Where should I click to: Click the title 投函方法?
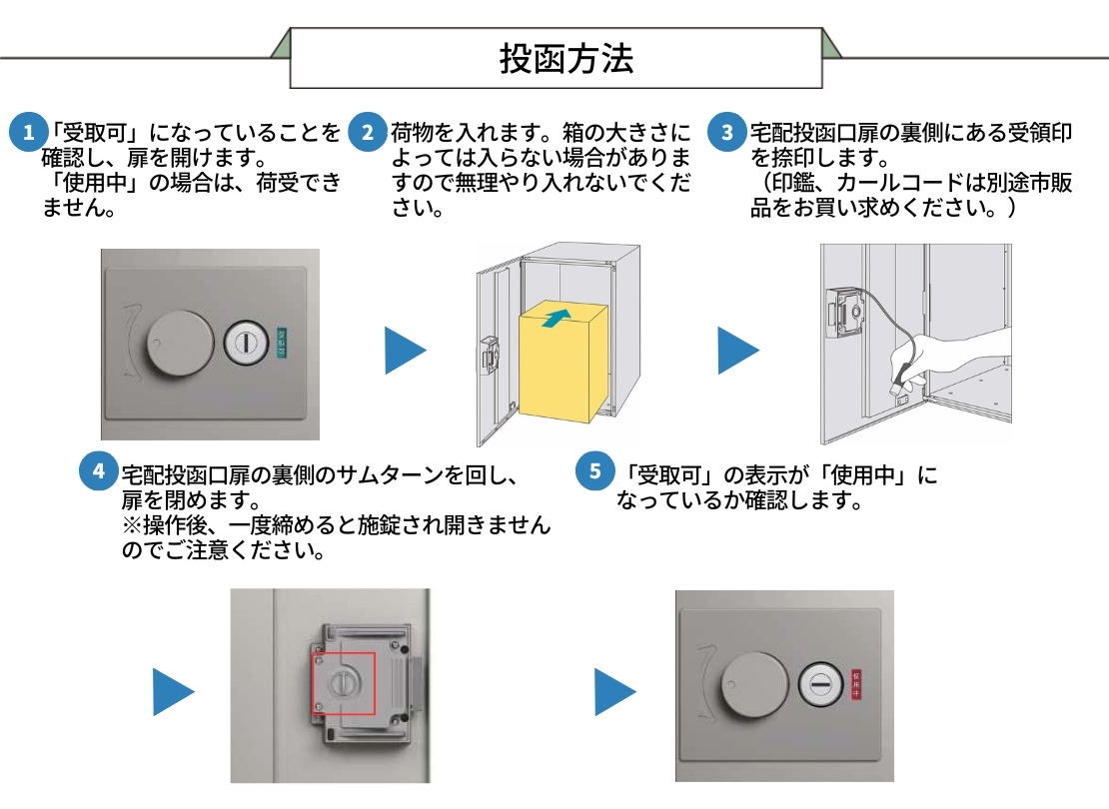tap(565, 59)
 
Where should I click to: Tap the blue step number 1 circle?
tap(28, 133)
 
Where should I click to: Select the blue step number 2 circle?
tap(368, 133)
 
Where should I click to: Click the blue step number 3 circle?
tap(727, 133)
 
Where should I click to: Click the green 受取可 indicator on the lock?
tap(280, 342)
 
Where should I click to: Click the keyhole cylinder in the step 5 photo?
tap(821, 683)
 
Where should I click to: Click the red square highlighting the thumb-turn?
tap(343, 684)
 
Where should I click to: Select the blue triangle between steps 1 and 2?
tap(404, 351)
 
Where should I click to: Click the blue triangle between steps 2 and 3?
tap(737, 351)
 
